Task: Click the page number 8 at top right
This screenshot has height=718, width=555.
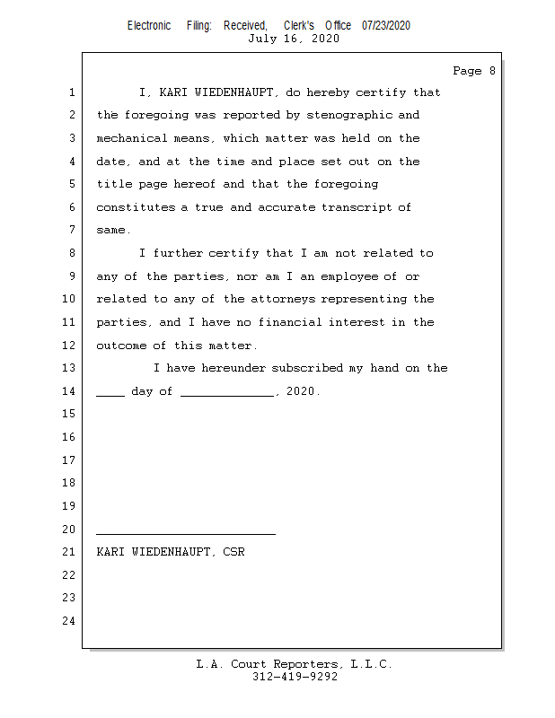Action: [491, 71]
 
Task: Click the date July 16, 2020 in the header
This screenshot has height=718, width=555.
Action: [294, 39]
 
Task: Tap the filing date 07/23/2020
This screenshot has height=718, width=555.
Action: [386, 25]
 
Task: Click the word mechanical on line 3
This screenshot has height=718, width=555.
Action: [132, 138]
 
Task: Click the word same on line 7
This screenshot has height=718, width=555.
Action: [111, 231]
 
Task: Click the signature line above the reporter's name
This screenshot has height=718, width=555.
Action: [186, 534]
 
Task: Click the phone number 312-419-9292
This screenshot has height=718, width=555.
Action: [295, 678]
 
